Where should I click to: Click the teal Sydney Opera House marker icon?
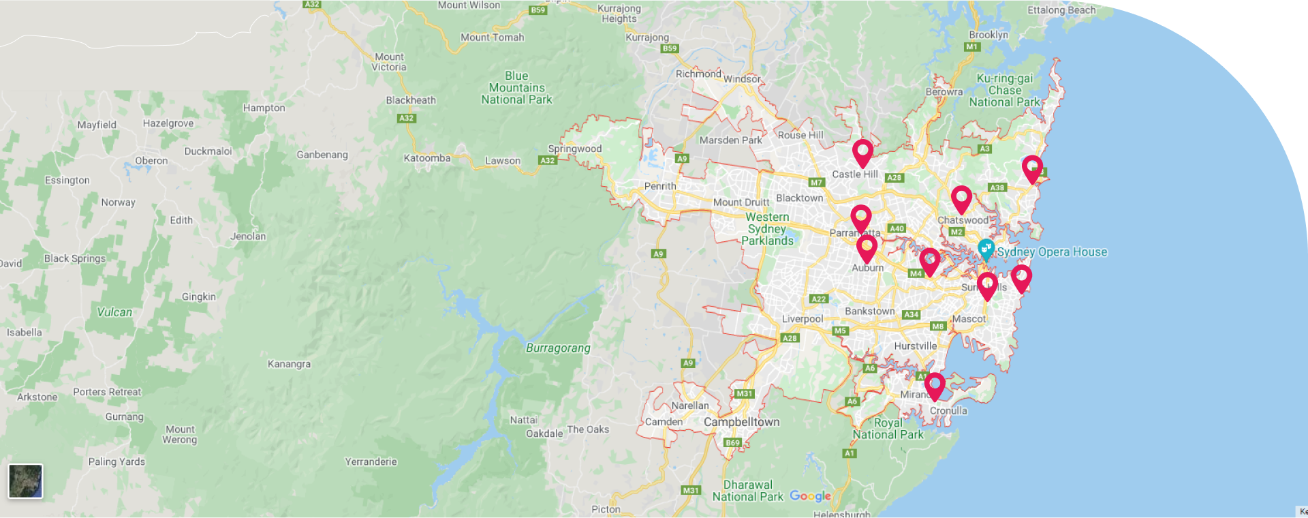point(986,249)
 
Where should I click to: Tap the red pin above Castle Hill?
point(862,151)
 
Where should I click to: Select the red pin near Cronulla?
point(935,384)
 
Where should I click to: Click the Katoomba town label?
point(426,158)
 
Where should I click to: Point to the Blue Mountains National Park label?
point(516,88)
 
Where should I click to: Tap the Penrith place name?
point(660,186)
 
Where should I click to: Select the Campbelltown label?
point(741,422)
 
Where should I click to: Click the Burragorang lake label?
point(558,348)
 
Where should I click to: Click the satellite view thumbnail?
point(26,481)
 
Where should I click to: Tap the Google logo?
point(810,496)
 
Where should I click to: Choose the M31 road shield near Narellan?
point(745,393)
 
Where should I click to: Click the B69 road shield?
point(732,442)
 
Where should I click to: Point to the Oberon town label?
point(151,161)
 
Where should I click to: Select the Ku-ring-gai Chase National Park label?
point(1005,90)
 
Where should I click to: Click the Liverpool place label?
point(802,319)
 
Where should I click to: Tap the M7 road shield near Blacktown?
point(816,182)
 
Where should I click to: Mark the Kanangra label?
point(289,364)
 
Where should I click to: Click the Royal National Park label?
point(888,429)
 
